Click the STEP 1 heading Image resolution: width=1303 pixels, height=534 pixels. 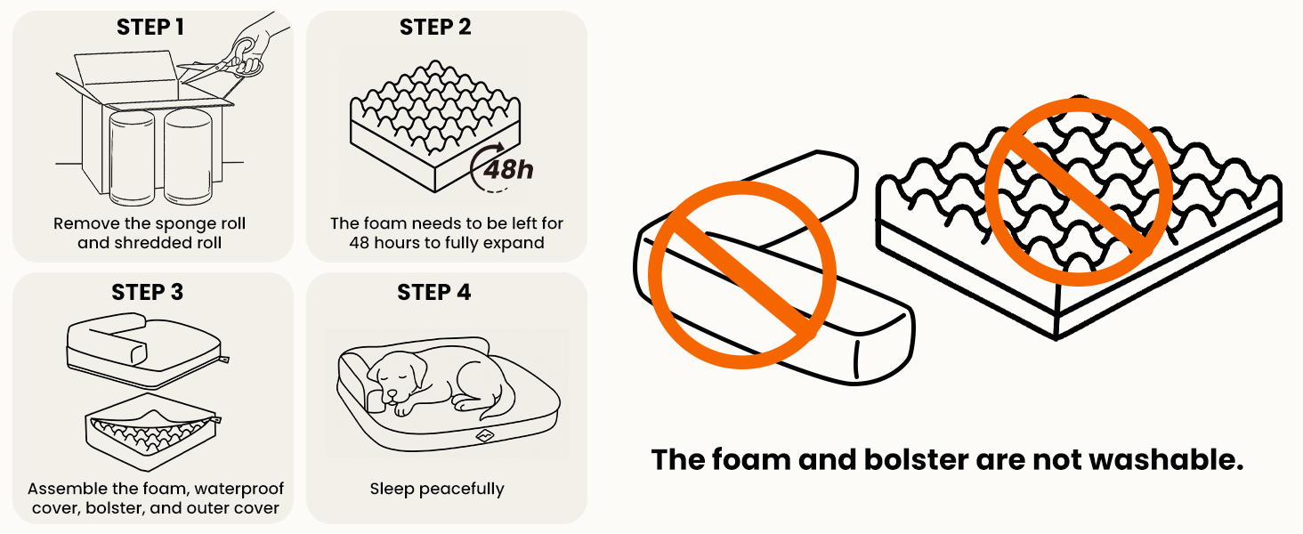pos(150,28)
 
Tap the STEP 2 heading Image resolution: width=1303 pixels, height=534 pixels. pos(435,28)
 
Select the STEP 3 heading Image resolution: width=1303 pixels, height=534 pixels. pos(148,293)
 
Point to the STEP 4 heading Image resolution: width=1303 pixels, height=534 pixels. pos(434,293)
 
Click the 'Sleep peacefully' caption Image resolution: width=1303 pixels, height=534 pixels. pos(436,489)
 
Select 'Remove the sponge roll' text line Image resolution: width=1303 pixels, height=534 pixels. pos(150,223)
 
